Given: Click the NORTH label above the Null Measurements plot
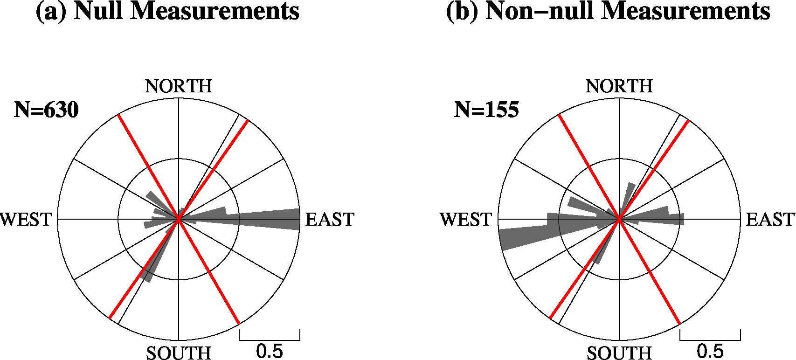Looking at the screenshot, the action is click(179, 86).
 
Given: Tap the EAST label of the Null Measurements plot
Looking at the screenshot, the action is click(330, 220).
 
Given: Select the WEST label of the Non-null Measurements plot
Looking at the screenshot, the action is click(466, 220).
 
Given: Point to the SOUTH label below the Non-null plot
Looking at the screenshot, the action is click(619, 353).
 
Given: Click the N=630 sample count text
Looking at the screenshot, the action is click(46, 110).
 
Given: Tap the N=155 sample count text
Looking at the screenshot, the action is click(486, 110).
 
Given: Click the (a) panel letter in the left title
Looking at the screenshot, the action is click(51, 11).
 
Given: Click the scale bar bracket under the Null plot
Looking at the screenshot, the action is click(270, 335).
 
